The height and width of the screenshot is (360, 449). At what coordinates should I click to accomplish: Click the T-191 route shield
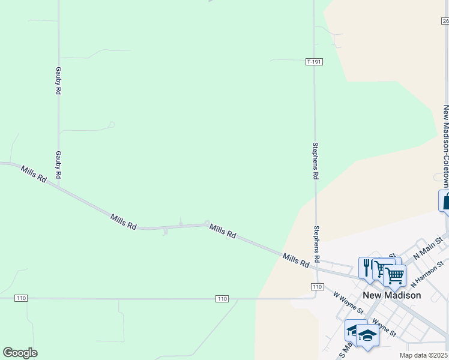[314, 62]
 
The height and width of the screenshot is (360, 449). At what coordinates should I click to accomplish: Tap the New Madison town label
[392, 295]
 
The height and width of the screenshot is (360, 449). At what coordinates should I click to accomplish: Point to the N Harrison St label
[427, 271]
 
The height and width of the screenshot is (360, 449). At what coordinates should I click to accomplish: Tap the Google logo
[20, 353]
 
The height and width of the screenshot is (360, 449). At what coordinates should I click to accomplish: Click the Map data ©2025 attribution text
[424, 355]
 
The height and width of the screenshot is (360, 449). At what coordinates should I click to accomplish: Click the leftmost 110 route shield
[22, 298]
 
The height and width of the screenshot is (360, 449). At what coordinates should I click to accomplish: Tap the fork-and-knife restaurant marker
[366, 266]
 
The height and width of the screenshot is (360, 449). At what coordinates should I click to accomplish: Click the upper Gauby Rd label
[59, 80]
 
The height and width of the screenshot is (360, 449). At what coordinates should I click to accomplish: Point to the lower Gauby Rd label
[59, 165]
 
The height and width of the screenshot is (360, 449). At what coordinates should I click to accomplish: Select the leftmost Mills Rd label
[34, 174]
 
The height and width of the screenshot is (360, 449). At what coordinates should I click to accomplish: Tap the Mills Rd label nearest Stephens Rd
[296, 259]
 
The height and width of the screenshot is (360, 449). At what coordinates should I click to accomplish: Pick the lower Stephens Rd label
[316, 244]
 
